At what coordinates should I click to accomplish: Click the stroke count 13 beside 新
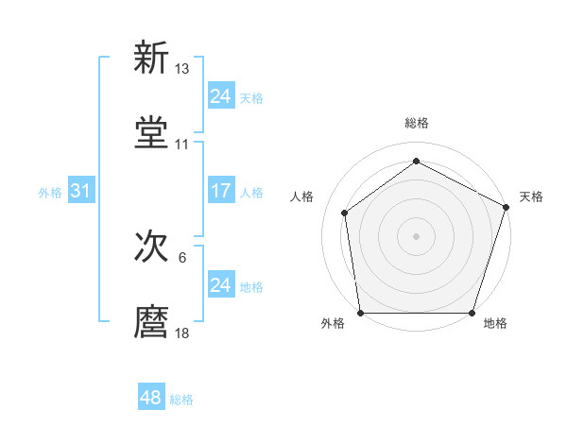click(x=182, y=69)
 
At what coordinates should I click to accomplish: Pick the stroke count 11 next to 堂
click(x=182, y=144)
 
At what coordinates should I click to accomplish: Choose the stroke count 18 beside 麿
click(x=182, y=333)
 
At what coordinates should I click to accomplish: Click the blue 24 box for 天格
click(x=220, y=95)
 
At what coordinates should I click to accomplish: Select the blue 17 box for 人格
click(x=220, y=191)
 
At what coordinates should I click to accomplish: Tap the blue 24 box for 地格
click(x=220, y=284)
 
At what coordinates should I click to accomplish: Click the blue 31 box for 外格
click(x=80, y=191)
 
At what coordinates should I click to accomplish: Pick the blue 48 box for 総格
click(x=150, y=398)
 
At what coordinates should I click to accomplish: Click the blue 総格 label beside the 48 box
click(x=181, y=400)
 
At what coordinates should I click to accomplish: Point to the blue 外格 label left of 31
click(x=50, y=193)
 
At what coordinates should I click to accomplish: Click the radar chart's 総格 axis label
click(x=417, y=124)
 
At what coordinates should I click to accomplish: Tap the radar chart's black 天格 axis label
click(x=531, y=196)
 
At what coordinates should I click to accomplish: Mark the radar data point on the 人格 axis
click(x=345, y=213)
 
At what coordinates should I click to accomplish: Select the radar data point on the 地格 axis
click(x=472, y=313)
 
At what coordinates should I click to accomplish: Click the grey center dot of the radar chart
click(x=417, y=235)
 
